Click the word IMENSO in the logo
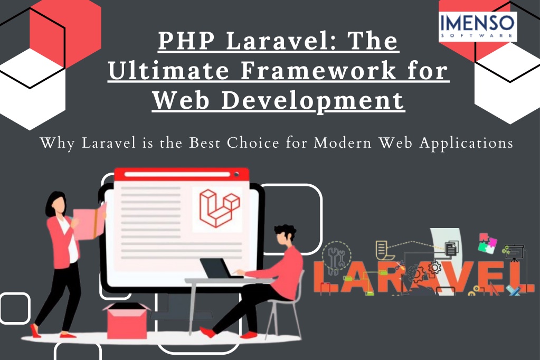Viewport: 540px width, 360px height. click(477, 23)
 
